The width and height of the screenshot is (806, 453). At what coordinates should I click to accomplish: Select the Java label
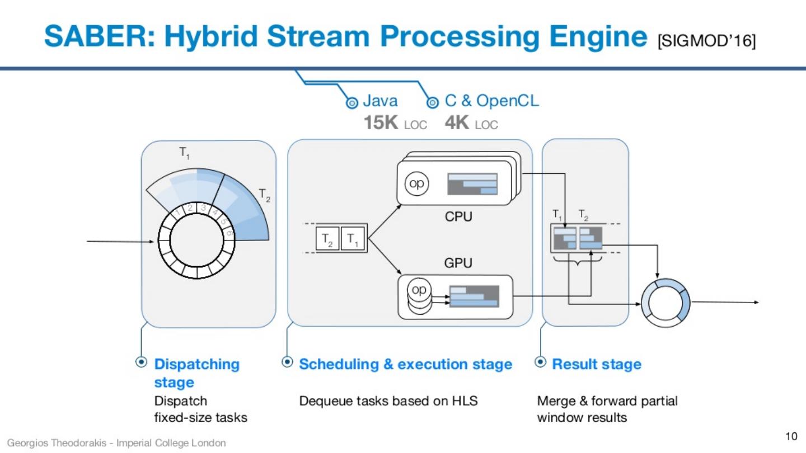381,101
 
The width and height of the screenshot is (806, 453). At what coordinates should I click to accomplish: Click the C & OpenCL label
491,101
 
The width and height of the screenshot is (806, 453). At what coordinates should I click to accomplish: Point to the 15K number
381,123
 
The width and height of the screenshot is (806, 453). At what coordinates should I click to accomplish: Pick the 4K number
457,123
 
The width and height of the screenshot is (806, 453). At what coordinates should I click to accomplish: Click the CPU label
458,216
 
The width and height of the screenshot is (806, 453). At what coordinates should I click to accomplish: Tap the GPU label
458,263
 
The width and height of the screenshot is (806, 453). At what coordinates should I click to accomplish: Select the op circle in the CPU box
416,183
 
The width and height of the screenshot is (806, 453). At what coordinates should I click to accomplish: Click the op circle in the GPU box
418,290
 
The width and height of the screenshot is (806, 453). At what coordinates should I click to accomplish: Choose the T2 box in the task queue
327,239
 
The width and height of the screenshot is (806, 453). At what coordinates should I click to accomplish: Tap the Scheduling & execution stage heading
405,365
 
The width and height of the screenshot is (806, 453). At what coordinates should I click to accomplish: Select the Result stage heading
596,365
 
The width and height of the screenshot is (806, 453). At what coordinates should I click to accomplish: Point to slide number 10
791,436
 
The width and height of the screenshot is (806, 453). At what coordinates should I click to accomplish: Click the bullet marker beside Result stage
540,362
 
